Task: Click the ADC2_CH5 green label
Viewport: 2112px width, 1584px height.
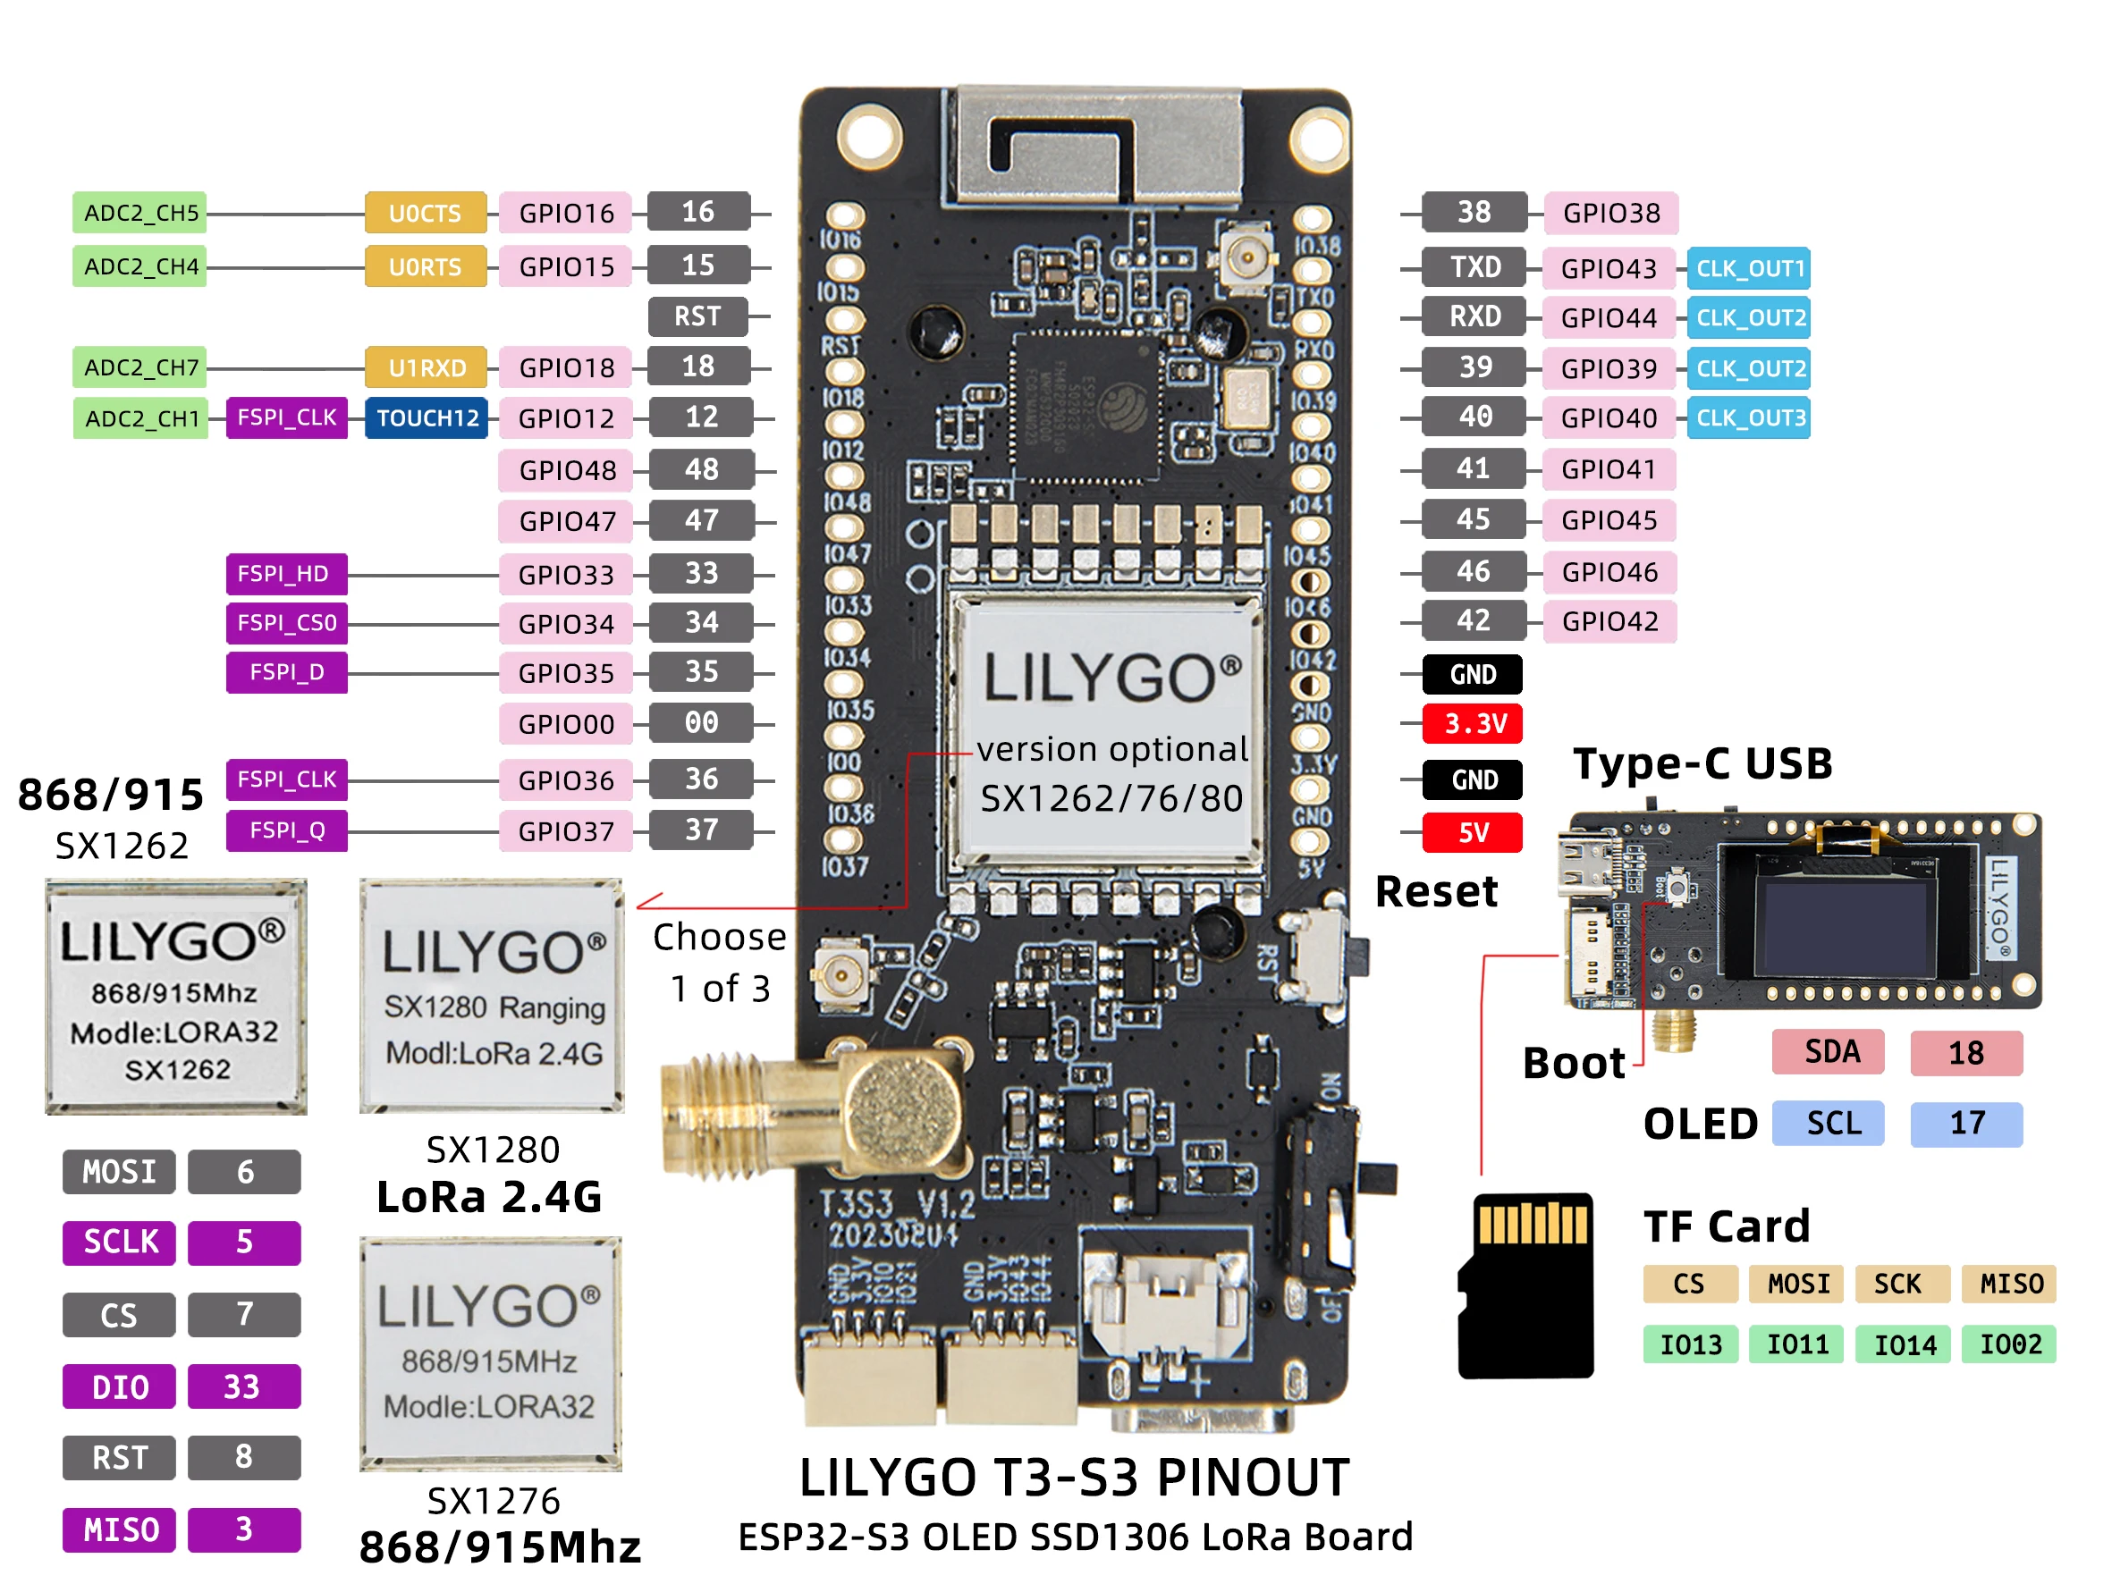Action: coord(140,212)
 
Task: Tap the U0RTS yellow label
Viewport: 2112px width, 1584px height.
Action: coord(425,266)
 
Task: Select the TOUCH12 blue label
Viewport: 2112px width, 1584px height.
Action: coord(427,418)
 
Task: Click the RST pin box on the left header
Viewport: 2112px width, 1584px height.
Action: coord(697,316)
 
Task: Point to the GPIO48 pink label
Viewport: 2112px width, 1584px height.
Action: coord(566,470)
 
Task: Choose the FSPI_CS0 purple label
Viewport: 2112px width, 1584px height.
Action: coord(286,622)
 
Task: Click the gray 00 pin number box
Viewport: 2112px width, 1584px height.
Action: coord(700,723)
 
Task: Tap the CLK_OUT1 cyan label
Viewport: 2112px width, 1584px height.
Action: coord(1749,268)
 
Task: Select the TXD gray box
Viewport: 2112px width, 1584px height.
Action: coord(1474,266)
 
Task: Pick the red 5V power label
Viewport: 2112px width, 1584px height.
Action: coord(1473,832)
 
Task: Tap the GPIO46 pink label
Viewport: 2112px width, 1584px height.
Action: coord(1609,572)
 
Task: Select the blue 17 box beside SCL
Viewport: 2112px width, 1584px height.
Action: coord(1966,1123)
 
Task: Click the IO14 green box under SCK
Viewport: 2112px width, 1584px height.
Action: coord(1904,1344)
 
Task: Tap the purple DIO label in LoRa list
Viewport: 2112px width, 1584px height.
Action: coord(119,1386)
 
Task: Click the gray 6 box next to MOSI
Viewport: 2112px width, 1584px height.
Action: coord(244,1172)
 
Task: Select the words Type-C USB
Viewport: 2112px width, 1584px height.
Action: coord(1702,763)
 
